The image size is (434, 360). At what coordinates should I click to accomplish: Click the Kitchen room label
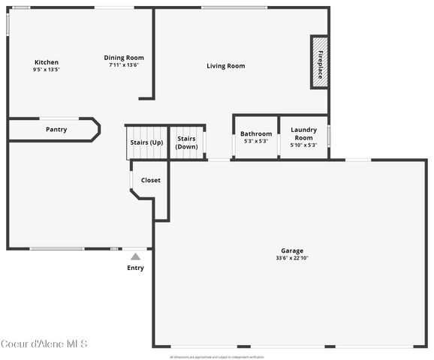(46, 62)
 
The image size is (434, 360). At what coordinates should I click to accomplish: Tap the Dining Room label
(124, 58)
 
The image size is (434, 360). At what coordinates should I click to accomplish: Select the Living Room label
(226, 66)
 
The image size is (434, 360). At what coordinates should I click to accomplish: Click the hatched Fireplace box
(320, 62)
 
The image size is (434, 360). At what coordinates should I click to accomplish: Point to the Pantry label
(56, 129)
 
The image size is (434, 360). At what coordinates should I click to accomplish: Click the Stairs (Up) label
(146, 142)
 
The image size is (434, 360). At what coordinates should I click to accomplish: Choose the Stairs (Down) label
(186, 142)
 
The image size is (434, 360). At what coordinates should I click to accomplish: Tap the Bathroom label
(256, 134)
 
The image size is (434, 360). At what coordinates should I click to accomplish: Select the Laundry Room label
(303, 133)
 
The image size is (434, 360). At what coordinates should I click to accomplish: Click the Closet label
(151, 180)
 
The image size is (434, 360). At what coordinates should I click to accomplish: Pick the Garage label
(292, 250)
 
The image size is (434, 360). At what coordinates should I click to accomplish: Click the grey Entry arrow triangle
(135, 256)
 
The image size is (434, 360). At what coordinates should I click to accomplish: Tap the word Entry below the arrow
(135, 268)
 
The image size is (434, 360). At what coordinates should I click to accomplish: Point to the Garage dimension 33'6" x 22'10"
(292, 258)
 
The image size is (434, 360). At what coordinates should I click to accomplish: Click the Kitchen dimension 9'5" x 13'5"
(46, 70)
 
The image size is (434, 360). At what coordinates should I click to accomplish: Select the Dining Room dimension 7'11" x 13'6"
(124, 65)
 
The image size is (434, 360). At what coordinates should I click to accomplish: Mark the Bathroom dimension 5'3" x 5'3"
(256, 141)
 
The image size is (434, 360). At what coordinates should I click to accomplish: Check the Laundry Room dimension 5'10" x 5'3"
(303, 145)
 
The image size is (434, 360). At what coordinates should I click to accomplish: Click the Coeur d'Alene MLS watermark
(44, 344)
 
